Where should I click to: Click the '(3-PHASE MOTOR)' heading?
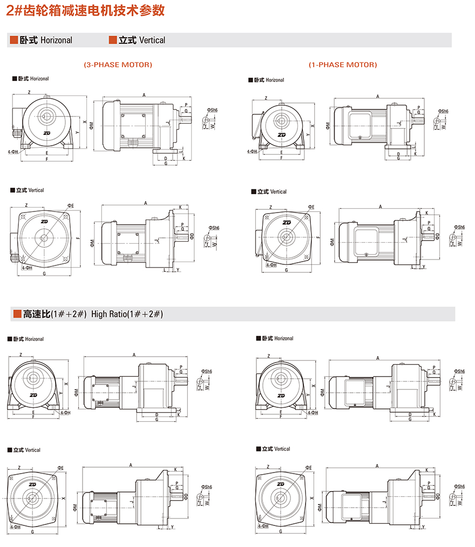(x=118, y=65)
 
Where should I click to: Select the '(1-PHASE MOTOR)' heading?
(x=343, y=65)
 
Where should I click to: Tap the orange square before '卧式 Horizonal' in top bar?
(x=14, y=40)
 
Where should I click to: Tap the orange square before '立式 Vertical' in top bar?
(x=113, y=40)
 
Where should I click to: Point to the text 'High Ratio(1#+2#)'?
(x=127, y=313)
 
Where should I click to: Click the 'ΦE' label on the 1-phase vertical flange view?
(x=311, y=207)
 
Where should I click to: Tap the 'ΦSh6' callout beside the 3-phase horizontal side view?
(x=212, y=110)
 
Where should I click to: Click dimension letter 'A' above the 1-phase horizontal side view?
(x=378, y=96)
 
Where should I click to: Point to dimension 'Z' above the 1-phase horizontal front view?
(x=266, y=98)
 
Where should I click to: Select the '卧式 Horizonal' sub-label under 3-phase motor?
(x=30, y=79)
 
